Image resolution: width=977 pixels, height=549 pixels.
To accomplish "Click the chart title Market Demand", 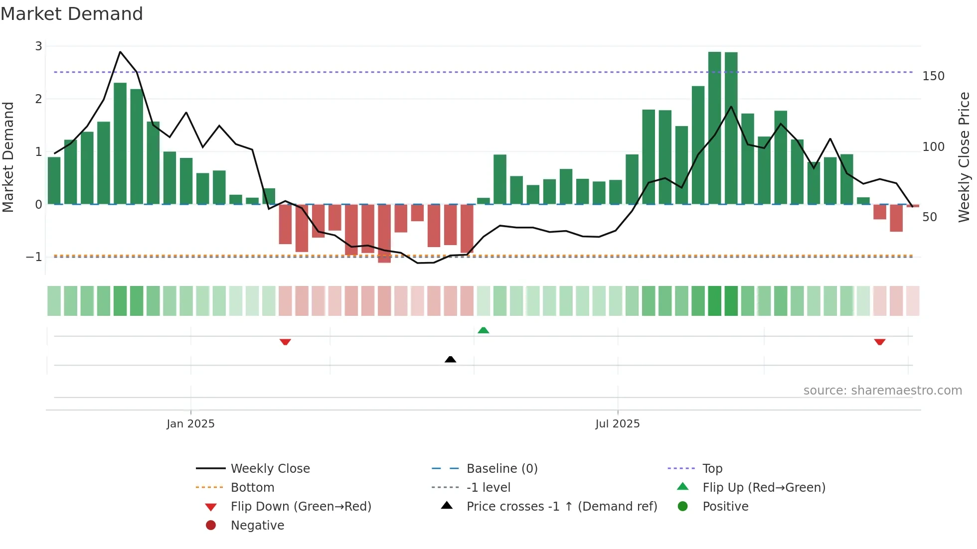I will tap(72, 14).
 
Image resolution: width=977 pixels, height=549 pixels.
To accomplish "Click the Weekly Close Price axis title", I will tap(964, 157).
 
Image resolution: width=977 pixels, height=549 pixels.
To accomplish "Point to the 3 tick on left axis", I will tap(38, 46).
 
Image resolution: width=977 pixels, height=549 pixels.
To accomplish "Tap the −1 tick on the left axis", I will tap(34, 257).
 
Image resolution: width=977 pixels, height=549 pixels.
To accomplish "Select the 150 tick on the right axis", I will tap(933, 76).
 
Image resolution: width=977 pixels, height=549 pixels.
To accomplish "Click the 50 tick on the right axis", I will tap(930, 217).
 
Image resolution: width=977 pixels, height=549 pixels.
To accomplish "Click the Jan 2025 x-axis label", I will tap(190, 424).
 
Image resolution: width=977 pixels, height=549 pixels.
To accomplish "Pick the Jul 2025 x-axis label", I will tap(617, 424).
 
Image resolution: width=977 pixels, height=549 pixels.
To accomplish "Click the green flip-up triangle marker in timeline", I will tap(483, 330).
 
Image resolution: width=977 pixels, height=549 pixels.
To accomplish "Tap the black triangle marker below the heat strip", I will tap(450, 359).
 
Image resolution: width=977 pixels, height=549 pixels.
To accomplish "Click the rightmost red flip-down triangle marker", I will tap(879, 342).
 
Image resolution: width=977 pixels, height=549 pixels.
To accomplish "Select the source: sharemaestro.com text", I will tap(882, 391).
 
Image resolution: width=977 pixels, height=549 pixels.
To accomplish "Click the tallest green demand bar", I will tap(714, 128).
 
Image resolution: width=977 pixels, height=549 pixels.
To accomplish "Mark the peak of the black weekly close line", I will tap(120, 52).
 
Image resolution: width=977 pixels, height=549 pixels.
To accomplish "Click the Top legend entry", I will tap(712, 469).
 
